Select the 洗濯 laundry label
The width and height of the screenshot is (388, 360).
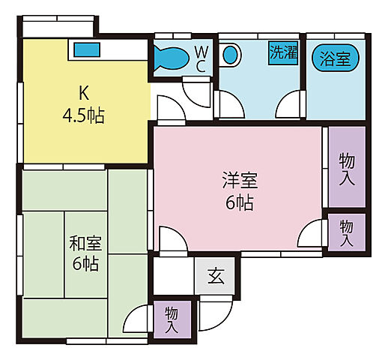[282, 53]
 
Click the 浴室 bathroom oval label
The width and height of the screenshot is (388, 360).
[335, 58]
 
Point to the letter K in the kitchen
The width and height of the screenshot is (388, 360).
[84, 93]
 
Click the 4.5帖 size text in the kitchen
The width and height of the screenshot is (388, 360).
[84, 115]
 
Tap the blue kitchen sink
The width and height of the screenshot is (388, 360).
[87, 50]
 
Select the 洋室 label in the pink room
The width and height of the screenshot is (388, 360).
[240, 180]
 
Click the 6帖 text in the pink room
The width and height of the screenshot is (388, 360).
[240, 202]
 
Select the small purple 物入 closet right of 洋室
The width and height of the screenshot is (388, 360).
[346, 232]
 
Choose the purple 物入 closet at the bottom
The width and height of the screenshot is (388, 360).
[172, 318]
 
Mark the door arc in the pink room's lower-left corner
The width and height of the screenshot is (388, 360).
[171, 241]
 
